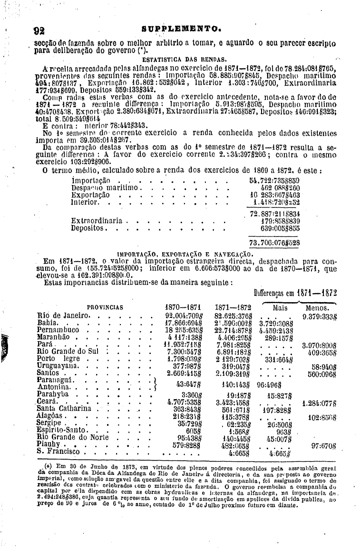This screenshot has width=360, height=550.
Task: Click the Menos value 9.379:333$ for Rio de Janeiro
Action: click(x=319, y=315)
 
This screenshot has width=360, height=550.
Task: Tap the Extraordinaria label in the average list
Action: click(x=97, y=221)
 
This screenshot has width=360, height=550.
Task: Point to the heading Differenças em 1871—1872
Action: click(x=295, y=293)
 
